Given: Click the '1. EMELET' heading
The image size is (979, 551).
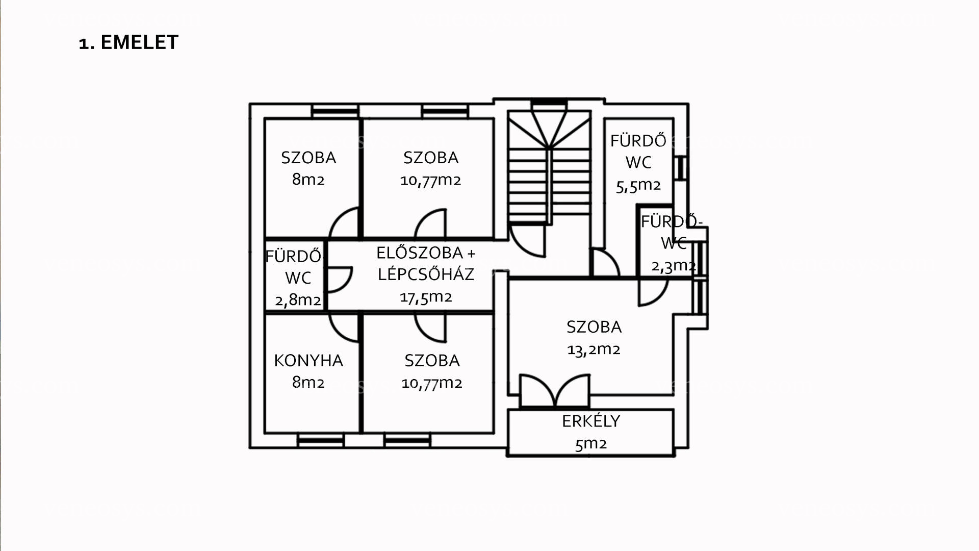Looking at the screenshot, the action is tap(128, 42).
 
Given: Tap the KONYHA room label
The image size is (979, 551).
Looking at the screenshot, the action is tap(308, 361).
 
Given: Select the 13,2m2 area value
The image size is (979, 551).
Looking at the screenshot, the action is tap(594, 349).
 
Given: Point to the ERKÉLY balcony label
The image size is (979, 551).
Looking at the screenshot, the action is tap(591, 421).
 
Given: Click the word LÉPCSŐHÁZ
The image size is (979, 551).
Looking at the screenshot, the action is tap(426, 274).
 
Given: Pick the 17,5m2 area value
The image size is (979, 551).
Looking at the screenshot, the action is tap(426, 297).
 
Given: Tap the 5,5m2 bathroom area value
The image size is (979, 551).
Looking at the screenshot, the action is tap(638, 186).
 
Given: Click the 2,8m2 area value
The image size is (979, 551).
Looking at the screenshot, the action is tap(298, 300).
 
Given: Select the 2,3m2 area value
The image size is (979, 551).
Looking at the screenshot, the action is tap(674, 266).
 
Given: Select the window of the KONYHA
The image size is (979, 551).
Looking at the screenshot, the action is tap(321, 440).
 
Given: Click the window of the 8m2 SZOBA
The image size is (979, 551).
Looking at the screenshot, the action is tap(335, 111).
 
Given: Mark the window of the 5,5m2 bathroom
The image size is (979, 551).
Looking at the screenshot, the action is tap(680, 167).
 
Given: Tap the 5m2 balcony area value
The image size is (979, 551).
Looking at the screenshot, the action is tap(591, 444).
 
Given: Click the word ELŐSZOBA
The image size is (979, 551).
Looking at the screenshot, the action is tap(420, 253).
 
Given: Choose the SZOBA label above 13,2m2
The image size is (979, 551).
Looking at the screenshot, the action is tap(594, 327).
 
